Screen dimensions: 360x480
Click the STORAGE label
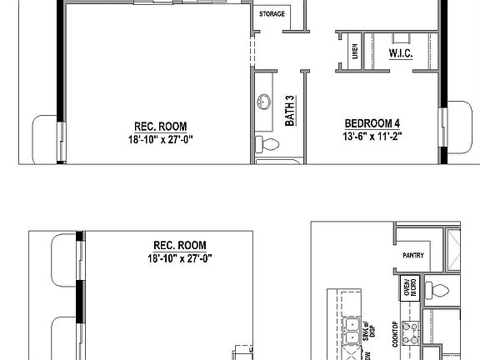[272, 14]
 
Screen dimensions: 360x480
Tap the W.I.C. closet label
[402, 53]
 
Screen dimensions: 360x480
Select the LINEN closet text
[354, 52]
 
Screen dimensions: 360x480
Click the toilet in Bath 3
[267, 145]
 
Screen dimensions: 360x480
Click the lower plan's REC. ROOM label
[180, 245]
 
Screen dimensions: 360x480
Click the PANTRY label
[414, 255]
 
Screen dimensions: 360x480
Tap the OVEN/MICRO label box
[408, 290]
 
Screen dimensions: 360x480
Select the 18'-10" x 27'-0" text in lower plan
[180, 258]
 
